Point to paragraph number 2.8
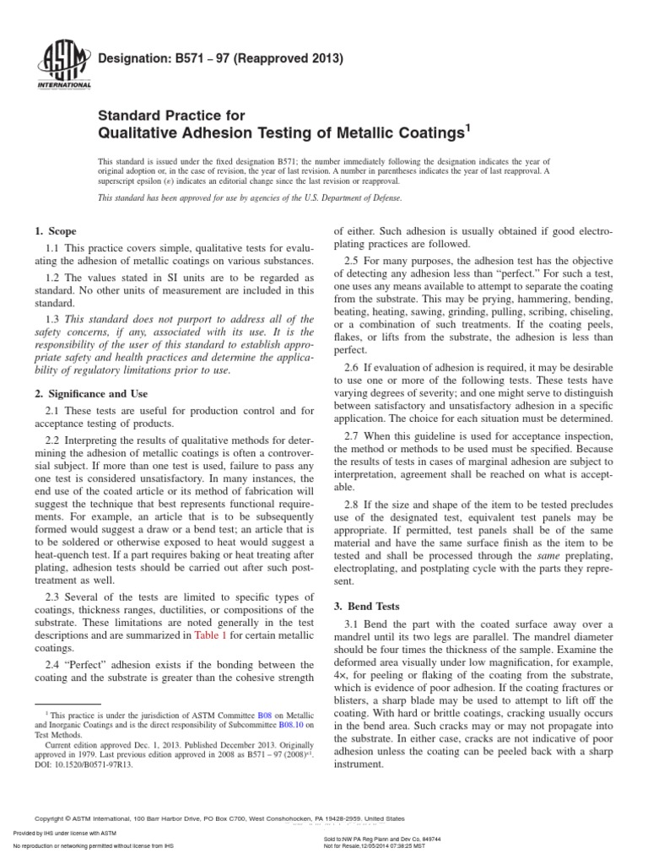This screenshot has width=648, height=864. tap(353, 505)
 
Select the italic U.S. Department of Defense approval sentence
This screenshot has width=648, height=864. tap(250, 197)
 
